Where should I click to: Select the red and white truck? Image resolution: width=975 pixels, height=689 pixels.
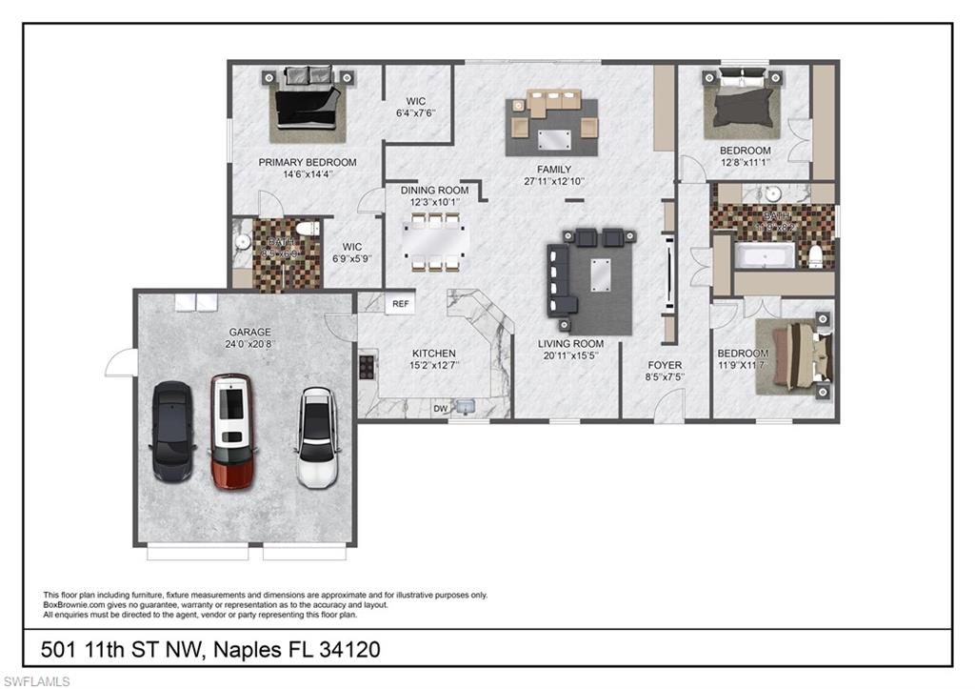coord(231,431)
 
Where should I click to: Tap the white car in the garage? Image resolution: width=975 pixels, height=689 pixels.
coord(316,437)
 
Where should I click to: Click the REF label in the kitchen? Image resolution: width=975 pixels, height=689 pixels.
coord(401,304)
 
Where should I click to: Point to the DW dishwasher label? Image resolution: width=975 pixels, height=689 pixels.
coord(441,408)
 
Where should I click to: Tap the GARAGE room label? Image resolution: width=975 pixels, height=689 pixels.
coord(249,333)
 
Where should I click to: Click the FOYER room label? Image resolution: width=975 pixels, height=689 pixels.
coord(665,365)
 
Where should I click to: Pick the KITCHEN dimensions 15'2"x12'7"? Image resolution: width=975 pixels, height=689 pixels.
coord(433,365)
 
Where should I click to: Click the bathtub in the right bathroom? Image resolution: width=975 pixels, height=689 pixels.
coord(766,255)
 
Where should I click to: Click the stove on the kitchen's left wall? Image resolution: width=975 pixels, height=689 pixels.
coord(367,365)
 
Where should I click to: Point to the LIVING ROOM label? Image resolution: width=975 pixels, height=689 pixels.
coord(570,344)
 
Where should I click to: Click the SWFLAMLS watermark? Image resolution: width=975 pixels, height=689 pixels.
coord(35,680)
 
